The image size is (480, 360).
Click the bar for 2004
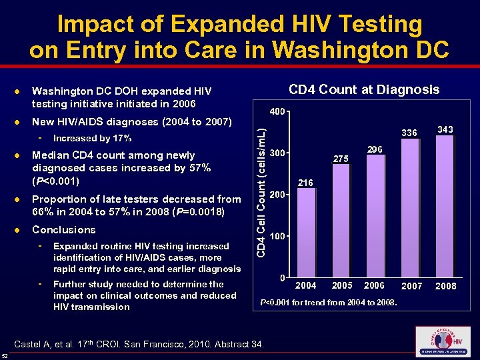[x=306, y=233]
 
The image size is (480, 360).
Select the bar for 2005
[x=341, y=221]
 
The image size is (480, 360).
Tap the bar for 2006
[x=375, y=216]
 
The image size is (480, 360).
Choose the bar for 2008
[x=445, y=207]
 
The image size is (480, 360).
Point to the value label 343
[x=445, y=129]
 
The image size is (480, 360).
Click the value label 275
[x=341, y=159]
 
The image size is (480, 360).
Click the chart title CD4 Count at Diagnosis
[x=363, y=90]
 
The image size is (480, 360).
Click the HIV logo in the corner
[x=442, y=342]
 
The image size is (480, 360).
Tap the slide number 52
[x=5, y=354]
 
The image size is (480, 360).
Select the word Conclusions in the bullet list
[x=64, y=230]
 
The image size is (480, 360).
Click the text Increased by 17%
[x=92, y=139]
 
